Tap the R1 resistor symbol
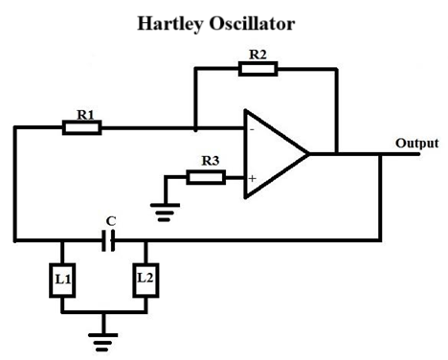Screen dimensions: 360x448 (82, 127)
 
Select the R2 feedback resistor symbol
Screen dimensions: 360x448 (258, 68)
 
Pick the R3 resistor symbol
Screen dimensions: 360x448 (206, 177)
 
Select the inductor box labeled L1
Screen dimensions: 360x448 (63, 280)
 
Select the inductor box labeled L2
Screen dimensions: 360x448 (145, 280)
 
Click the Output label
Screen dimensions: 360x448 (417, 144)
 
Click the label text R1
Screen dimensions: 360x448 (83, 114)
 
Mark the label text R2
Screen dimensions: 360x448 (258, 55)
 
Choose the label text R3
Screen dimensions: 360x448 (206, 163)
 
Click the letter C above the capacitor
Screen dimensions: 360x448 (111, 222)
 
